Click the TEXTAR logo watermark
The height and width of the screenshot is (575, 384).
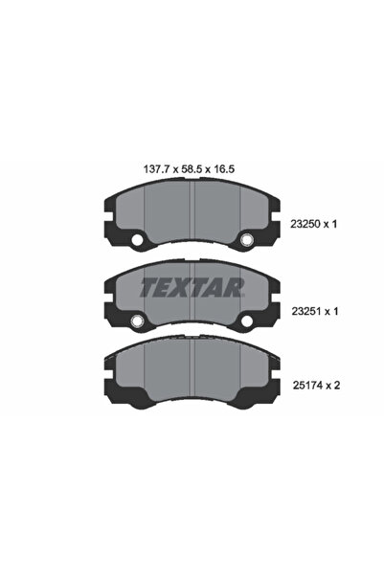tap(192, 285)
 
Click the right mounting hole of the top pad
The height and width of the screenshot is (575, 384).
tap(247, 239)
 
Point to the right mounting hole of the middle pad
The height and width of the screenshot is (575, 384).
tap(247, 320)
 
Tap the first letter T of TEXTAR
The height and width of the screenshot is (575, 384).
tap(149, 285)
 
